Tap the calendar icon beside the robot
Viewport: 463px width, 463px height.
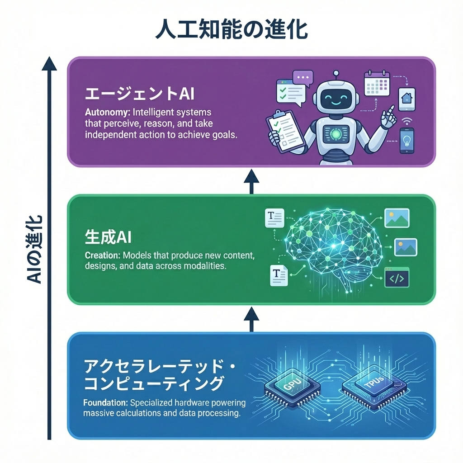377,83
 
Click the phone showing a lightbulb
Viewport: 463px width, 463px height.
406,141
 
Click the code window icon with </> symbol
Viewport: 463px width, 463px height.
397,277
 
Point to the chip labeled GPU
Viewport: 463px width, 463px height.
292,387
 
